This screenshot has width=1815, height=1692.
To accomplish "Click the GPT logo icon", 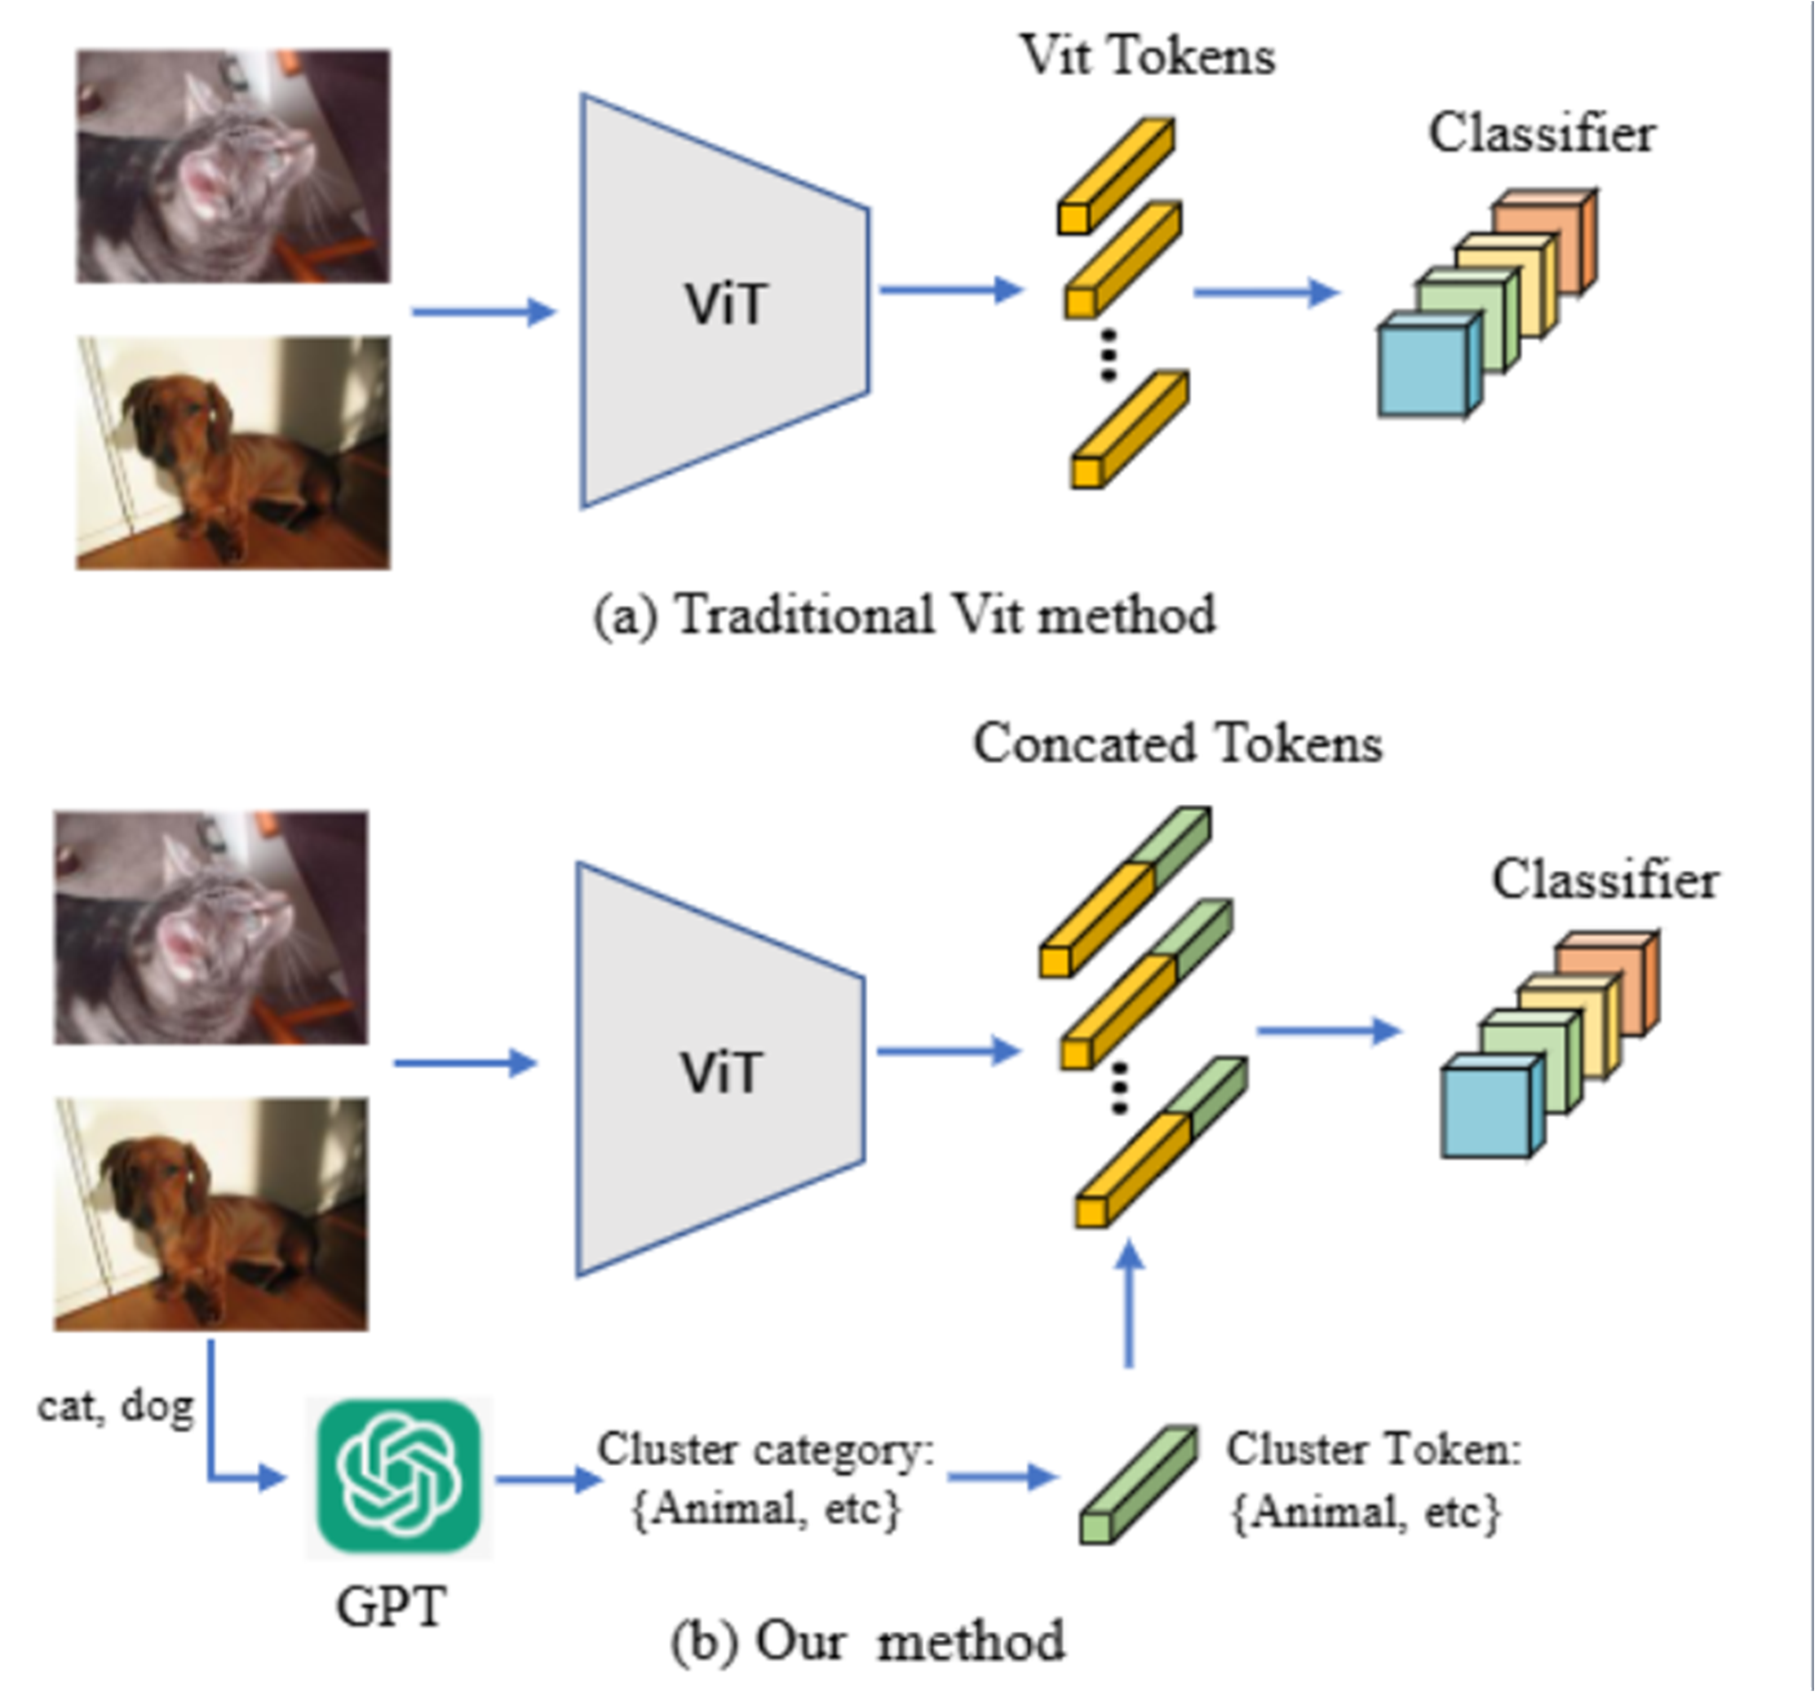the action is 399,1475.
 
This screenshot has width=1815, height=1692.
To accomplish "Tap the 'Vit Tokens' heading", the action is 1148,55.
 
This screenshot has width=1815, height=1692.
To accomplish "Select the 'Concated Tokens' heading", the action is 1178,743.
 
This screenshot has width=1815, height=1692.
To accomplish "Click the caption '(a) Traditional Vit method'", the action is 905,615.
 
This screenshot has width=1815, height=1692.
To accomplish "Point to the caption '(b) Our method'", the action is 868,1640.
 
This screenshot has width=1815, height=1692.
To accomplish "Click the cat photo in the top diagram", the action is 232,166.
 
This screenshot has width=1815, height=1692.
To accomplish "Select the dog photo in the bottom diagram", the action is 211,1214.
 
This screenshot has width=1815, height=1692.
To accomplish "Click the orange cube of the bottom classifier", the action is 1608,983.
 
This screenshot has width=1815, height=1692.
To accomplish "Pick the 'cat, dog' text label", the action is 116,1407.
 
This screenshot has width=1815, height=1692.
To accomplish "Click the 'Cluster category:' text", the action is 766,1449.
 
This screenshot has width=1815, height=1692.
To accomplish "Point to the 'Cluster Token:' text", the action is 1374,1448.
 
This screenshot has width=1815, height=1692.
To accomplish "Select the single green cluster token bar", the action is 1139,1485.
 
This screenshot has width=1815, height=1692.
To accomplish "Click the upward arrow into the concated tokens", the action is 1131,1304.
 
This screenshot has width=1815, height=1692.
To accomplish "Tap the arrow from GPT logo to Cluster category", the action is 549,1478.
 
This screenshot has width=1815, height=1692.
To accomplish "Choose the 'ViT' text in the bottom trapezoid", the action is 720,1072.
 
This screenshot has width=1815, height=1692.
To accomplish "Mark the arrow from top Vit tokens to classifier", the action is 1267,293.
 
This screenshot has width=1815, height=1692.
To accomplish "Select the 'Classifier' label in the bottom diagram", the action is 1606,881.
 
